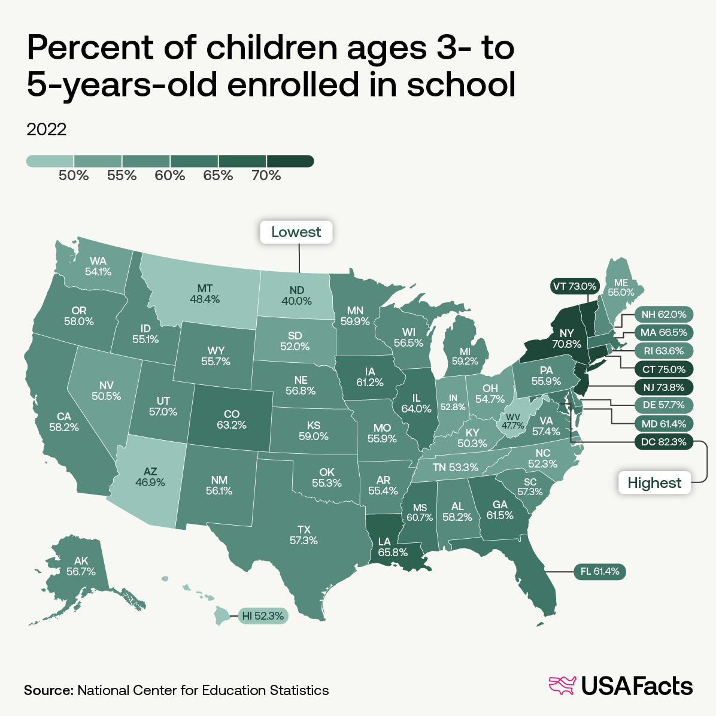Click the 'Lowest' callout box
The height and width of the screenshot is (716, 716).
[x=296, y=232]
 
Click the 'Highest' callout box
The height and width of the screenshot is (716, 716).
[x=654, y=483]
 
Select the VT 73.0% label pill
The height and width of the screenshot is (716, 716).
[x=574, y=286]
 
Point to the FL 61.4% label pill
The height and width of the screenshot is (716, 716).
[x=600, y=572]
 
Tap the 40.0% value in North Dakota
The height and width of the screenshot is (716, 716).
[x=296, y=301]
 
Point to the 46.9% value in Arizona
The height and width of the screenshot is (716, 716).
[x=150, y=482]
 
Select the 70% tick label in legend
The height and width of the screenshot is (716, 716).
[x=266, y=175]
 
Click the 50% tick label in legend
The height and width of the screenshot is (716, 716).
[x=74, y=175]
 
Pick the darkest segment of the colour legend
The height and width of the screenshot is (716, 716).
[x=290, y=161]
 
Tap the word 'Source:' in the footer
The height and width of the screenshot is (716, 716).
[x=48, y=690]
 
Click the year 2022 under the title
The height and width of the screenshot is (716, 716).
[x=47, y=129]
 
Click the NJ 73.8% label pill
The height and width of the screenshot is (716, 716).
[x=663, y=386]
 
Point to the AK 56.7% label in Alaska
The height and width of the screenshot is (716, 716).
[x=81, y=566]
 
